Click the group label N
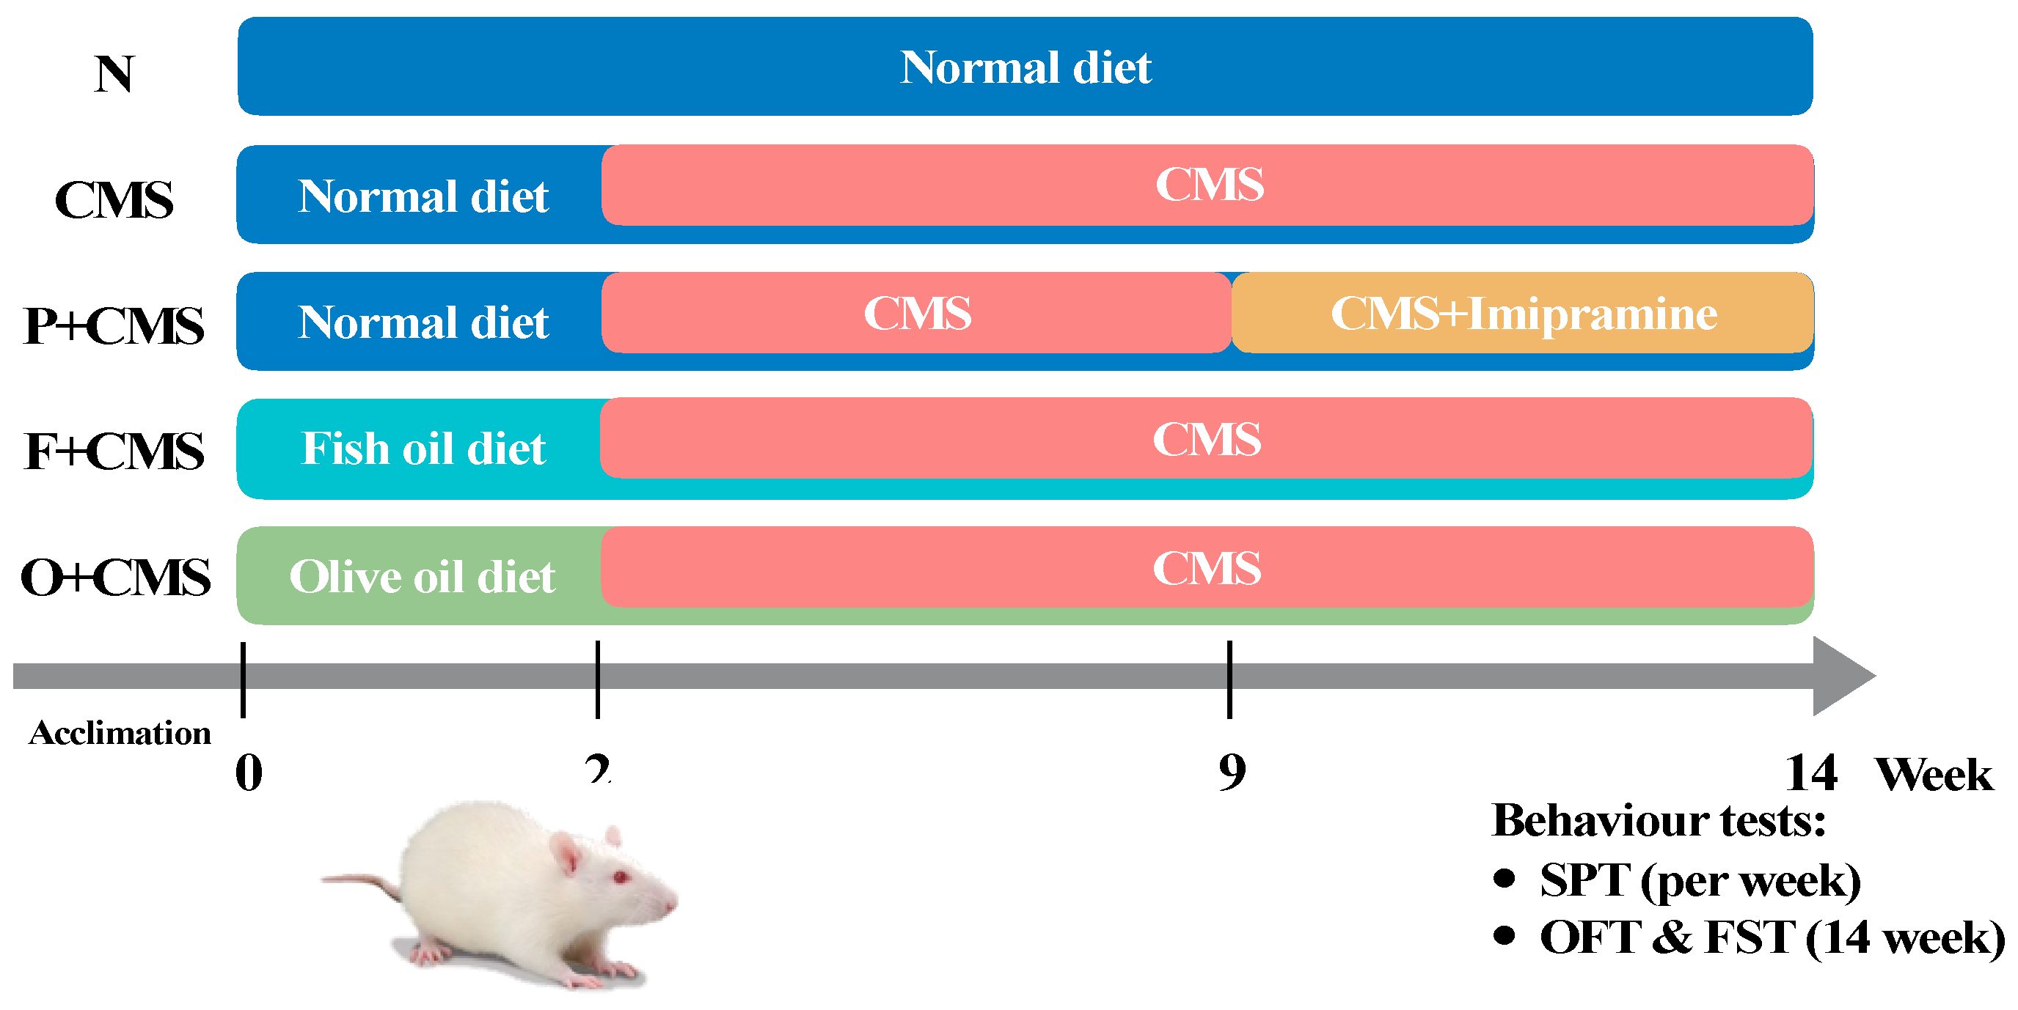coord(114,74)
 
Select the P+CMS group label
coord(114,325)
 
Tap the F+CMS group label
coord(114,451)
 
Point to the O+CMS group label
coord(115,578)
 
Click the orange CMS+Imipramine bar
coord(1523,314)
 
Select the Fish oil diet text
coord(423,449)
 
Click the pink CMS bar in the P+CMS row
coord(916,313)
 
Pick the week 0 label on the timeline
coord(249,773)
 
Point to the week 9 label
coord(1232,773)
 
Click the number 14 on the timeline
coord(1810,773)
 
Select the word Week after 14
coord(1934,775)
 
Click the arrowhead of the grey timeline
coord(1842,676)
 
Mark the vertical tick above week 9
coord(1230,679)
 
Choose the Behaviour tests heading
coord(1659,820)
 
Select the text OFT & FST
coord(1667,937)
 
